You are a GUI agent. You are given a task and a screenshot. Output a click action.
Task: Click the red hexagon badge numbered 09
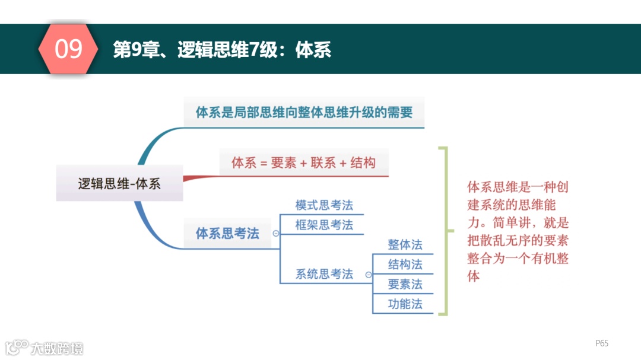(x=68, y=49)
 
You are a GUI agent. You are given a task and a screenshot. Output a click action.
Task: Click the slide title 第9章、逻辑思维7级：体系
(x=222, y=50)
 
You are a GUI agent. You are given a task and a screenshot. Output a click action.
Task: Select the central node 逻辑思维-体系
(x=119, y=183)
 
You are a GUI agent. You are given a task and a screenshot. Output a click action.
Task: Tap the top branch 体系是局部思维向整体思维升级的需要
(x=304, y=112)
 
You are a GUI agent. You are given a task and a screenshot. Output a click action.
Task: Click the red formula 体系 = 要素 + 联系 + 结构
(x=303, y=163)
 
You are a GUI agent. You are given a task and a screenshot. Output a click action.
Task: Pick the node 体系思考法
(x=227, y=233)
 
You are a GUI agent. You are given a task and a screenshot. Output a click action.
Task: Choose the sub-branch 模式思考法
(x=324, y=205)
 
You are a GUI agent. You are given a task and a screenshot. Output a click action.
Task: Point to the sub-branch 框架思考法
(x=324, y=225)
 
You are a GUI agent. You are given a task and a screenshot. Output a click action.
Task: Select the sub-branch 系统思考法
(x=324, y=274)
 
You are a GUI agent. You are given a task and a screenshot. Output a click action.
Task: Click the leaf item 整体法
(x=405, y=244)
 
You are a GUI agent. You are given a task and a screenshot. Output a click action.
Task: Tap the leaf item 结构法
(x=405, y=264)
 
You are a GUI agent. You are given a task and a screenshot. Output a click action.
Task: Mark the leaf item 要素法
(x=405, y=284)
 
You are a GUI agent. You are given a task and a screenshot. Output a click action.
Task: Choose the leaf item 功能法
(x=405, y=304)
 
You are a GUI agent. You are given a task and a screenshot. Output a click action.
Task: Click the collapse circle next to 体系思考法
(x=275, y=234)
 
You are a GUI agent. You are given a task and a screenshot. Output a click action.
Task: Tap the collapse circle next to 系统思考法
(x=369, y=275)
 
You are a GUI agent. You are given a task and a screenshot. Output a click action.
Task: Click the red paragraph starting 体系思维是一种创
(x=518, y=231)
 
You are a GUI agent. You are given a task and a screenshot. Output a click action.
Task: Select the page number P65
(x=602, y=343)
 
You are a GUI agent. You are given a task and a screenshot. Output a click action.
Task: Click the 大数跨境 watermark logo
(x=45, y=348)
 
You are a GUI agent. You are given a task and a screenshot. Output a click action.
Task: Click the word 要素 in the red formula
(x=284, y=163)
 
